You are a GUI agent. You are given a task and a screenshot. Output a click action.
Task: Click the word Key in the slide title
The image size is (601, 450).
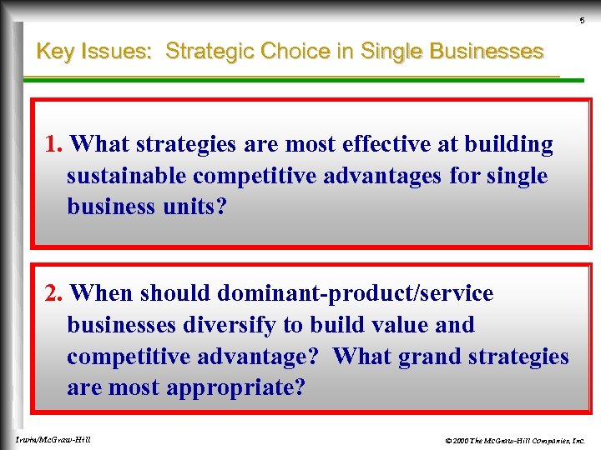(55, 52)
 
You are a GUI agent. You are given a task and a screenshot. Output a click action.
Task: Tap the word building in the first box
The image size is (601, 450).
(510, 145)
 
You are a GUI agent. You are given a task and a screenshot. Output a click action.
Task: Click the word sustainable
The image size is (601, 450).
(127, 177)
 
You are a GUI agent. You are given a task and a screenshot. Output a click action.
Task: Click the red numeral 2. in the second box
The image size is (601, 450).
(54, 294)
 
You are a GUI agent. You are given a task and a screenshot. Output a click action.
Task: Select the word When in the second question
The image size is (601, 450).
(102, 294)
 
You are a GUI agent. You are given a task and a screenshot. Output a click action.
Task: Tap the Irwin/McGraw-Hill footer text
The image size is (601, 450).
(53, 439)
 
